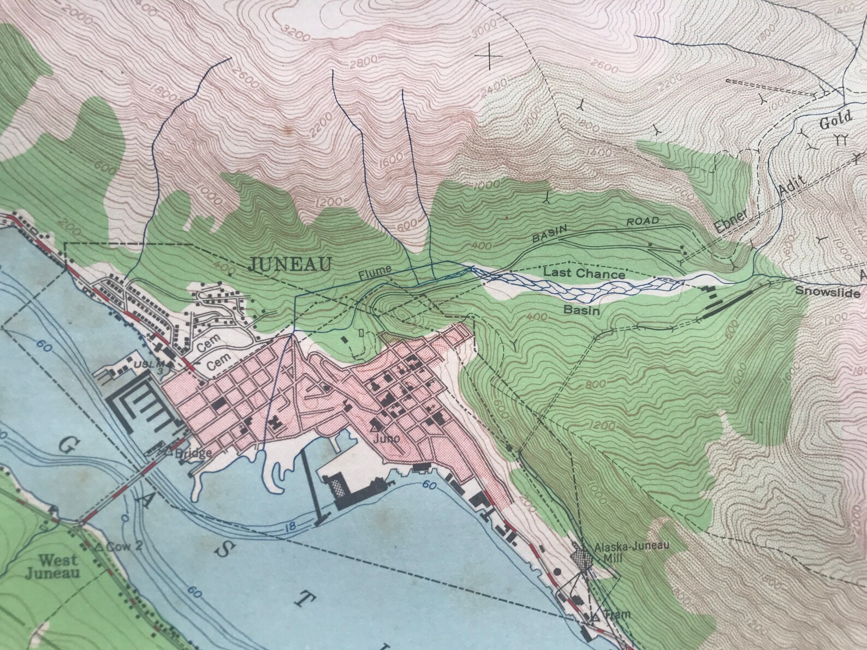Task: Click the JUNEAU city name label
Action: point(290,264)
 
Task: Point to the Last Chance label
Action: point(584,275)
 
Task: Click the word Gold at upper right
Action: point(835,119)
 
